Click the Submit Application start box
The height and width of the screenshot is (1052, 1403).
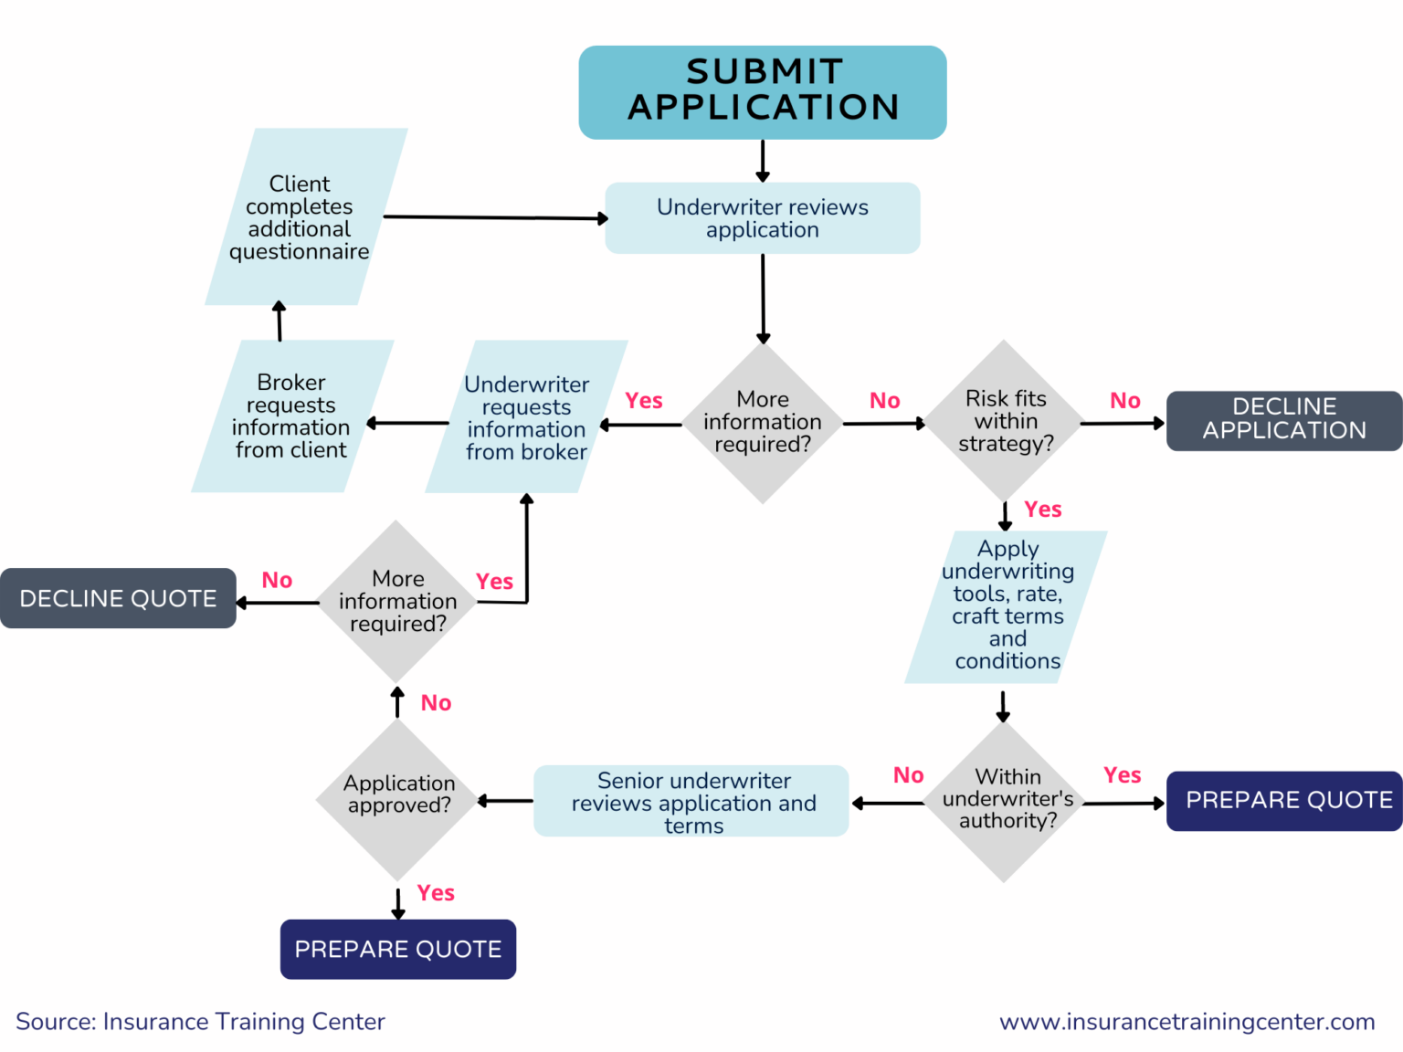coord(763,91)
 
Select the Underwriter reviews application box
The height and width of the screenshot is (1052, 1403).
coord(763,218)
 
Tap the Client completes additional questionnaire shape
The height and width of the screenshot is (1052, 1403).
coord(301,217)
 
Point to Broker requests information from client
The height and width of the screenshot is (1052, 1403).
coord(291,416)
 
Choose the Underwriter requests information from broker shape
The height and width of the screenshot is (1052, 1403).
coord(526,417)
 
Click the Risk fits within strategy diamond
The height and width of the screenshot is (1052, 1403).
coord(1005,420)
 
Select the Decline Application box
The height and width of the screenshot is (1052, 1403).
coord(1284,420)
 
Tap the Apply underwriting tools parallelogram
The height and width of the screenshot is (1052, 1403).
coord(1007,605)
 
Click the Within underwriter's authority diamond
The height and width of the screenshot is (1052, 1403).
coord(1006,800)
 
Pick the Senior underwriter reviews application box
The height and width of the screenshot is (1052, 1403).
coord(691,801)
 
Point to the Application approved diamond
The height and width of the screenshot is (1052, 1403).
coord(398,796)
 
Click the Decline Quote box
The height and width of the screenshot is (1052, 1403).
coord(118,598)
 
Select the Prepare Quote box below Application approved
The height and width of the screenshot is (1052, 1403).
coord(398,949)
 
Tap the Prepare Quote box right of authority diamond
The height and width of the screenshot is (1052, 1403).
coord(1284,801)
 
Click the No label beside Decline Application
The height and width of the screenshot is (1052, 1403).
coord(1124,401)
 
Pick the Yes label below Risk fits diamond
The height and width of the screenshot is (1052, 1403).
coord(1042,510)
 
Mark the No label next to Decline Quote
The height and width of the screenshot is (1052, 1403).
coord(277,581)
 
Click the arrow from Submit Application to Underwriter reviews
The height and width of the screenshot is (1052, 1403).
coord(763,161)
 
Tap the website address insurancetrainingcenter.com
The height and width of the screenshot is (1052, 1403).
coord(1187,1022)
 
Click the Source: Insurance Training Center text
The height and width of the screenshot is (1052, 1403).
coord(200,1022)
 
